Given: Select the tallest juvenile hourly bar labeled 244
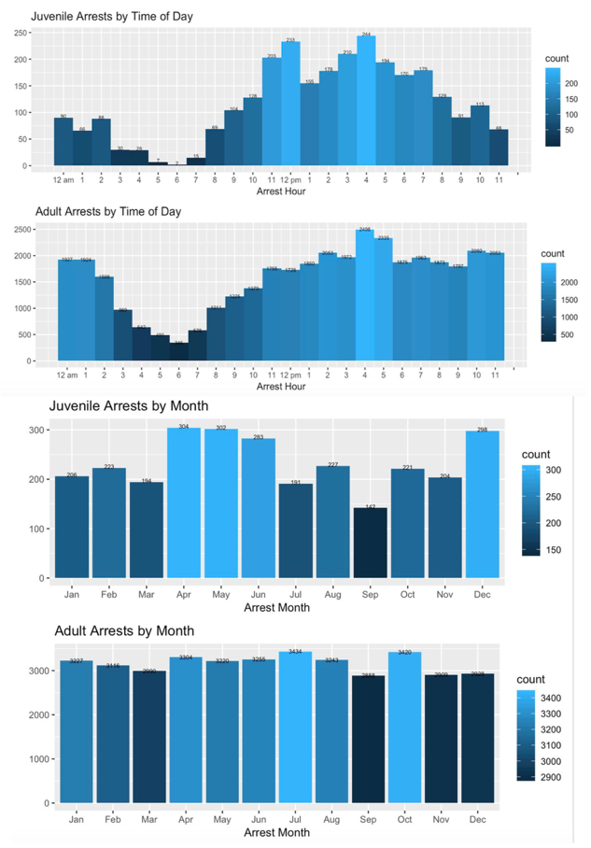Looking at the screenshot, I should point(366,103).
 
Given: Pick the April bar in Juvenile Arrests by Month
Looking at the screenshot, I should point(184,504).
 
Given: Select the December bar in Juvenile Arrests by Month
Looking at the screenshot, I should point(483,504).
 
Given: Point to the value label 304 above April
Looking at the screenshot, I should point(184,426).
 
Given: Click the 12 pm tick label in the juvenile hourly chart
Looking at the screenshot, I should point(290,179).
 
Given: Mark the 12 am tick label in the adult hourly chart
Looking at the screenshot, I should point(66,375).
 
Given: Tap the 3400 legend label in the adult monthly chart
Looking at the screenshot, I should point(549,698).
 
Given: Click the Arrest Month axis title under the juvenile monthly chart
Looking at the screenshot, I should point(276,608).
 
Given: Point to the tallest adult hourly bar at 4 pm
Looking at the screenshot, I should point(365,295).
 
